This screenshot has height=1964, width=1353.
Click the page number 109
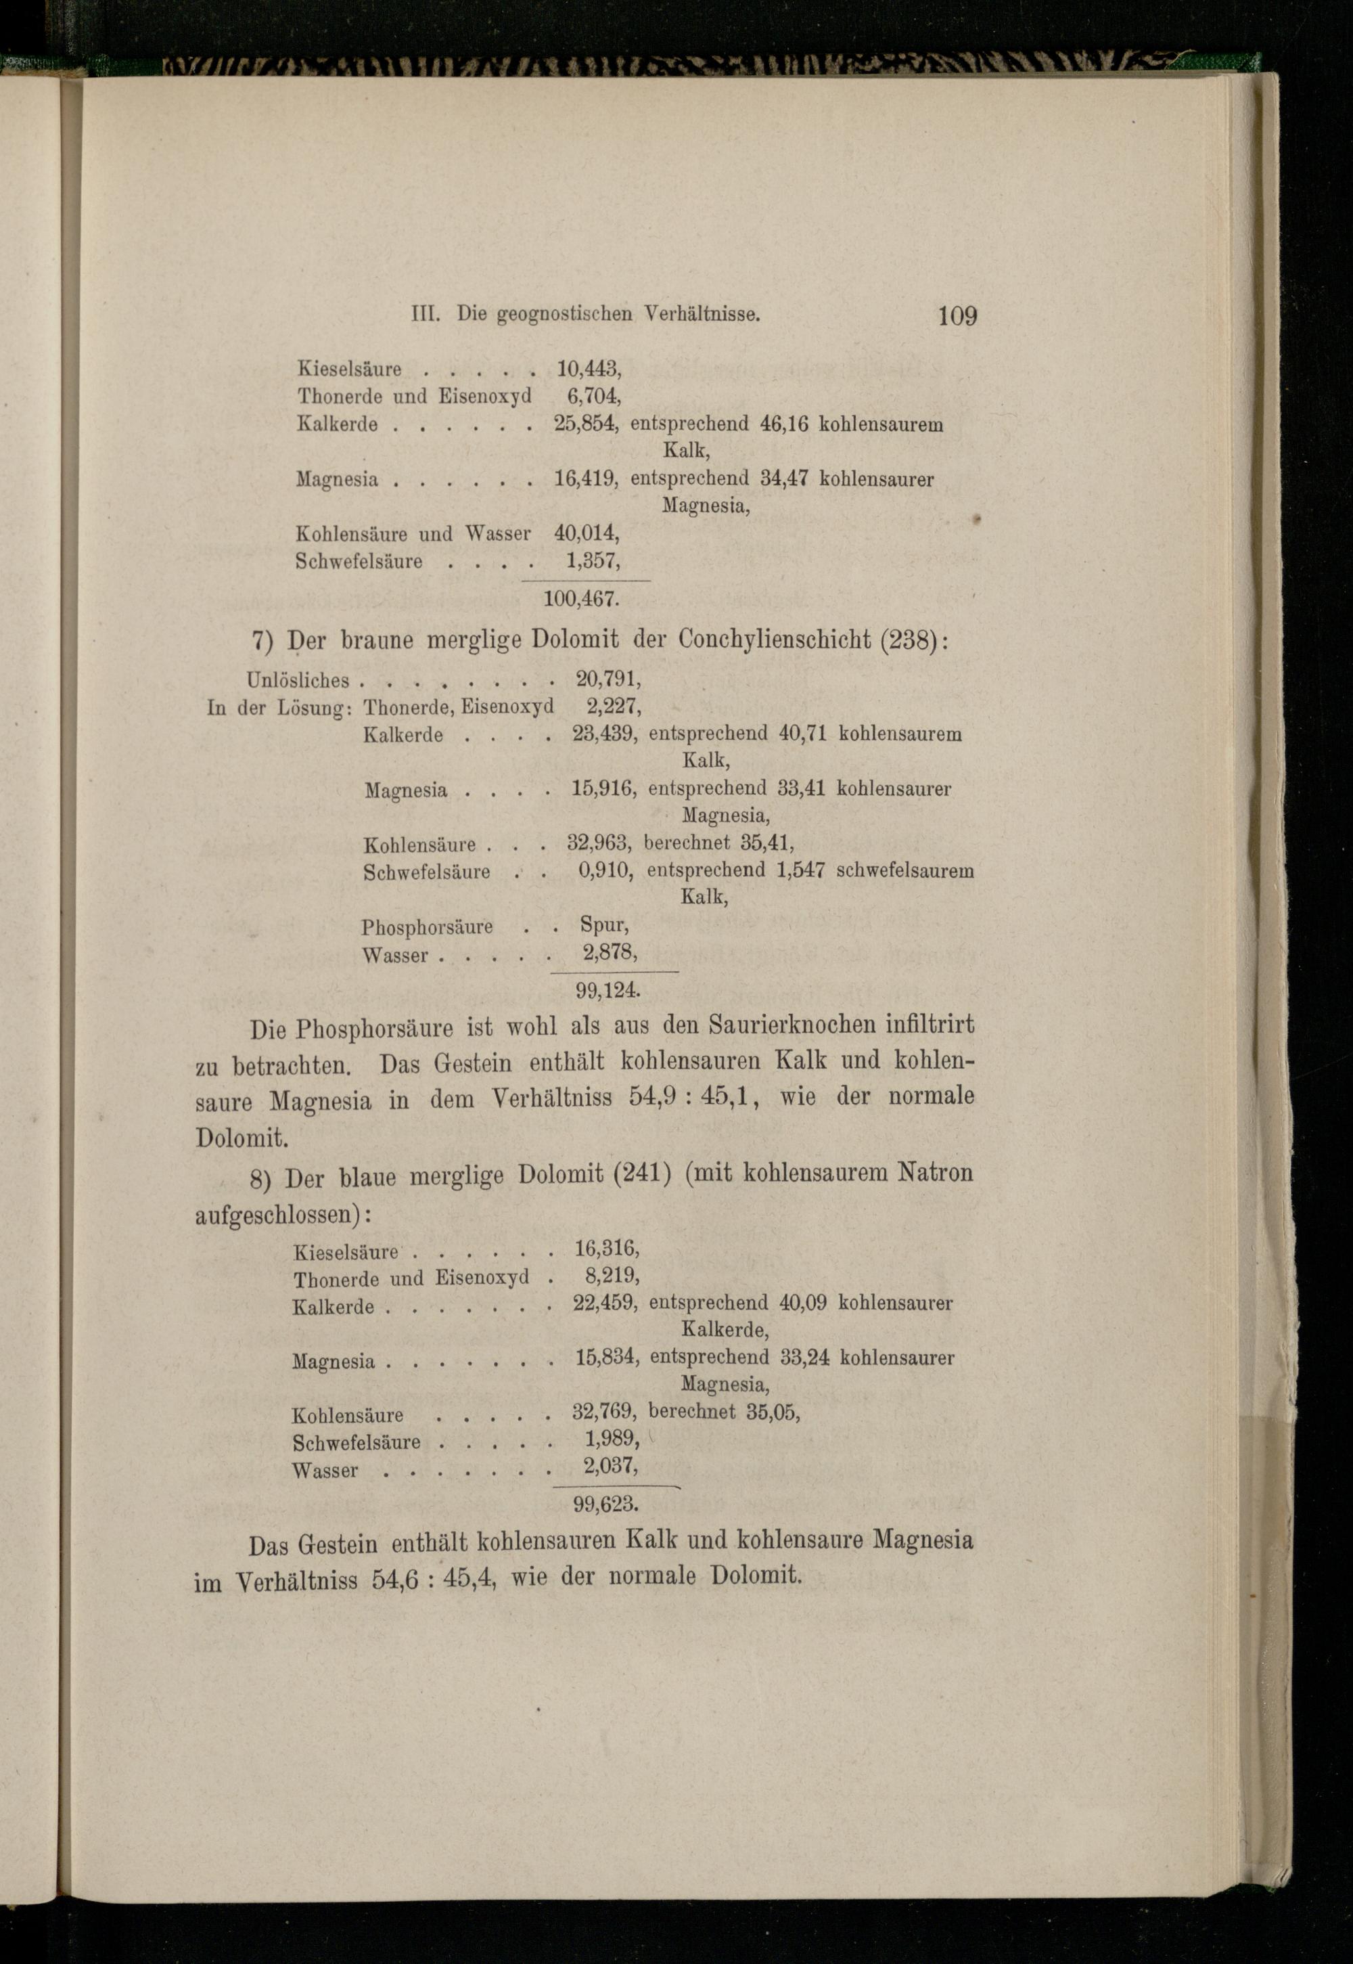pos(957,316)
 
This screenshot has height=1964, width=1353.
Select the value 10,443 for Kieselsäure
pos(589,369)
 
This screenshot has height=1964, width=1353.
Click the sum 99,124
pos(607,989)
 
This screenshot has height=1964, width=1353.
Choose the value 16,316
pos(606,1248)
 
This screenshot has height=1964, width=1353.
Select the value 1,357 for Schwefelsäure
pos(593,562)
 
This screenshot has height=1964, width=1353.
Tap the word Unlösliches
pos(298,680)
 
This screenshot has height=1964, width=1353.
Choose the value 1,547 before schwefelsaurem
pos(800,870)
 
